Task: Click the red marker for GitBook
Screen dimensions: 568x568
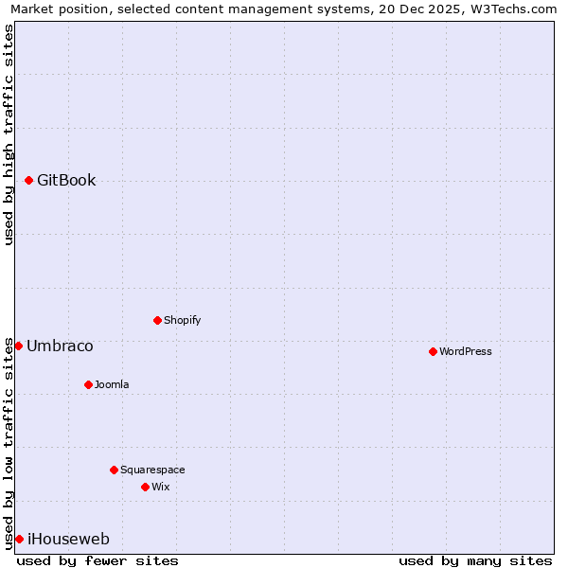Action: (x=28, y=180)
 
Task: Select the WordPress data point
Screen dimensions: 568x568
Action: (x=433, y=351)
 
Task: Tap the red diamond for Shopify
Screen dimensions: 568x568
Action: (x=157, y=320)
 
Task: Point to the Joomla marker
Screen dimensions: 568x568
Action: (x=88, y=384)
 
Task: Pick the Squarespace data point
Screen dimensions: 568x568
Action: (x=114, y=470)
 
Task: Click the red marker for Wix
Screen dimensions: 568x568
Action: (x=145, y=487)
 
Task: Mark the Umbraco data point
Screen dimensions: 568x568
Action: (x=18, y=346)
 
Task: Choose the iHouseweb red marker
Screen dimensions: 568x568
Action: (x=19, y=539)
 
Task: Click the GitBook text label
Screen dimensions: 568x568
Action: (x=66, y=181)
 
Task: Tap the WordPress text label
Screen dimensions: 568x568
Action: (x=466, y=351)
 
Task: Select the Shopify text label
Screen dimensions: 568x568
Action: (x=183, y=320)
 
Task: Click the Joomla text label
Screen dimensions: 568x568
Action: (x=112, y=384)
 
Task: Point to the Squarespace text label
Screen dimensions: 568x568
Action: (x=152, y=470)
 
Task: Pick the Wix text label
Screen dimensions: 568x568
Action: (x=161, y=487)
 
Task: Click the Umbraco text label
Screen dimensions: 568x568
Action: (x=60, y=346)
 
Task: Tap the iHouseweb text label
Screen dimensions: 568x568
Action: (x=68, y=540)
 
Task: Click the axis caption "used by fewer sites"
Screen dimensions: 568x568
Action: (x=98, y=560)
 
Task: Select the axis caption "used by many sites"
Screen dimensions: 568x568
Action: (x=475, y=560)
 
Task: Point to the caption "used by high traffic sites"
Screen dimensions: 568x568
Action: (x=9, y=134)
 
